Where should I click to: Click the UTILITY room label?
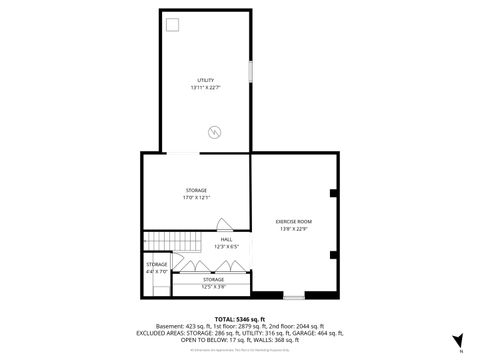[205, 80]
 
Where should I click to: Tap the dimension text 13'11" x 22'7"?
[205, 88]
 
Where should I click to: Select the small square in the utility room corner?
[172, 24]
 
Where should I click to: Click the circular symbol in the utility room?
[214, 130]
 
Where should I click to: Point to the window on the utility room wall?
[249, 76]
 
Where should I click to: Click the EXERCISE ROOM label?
[294, 220]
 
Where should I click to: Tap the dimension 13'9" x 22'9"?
[294, 228]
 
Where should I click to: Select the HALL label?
[226, 240]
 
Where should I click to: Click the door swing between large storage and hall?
[225, 226]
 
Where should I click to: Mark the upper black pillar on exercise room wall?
[334, 192]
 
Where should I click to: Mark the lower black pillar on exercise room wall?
[334, 254]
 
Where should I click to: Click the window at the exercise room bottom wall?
[293, 297]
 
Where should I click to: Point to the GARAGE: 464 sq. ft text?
[317, 332]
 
